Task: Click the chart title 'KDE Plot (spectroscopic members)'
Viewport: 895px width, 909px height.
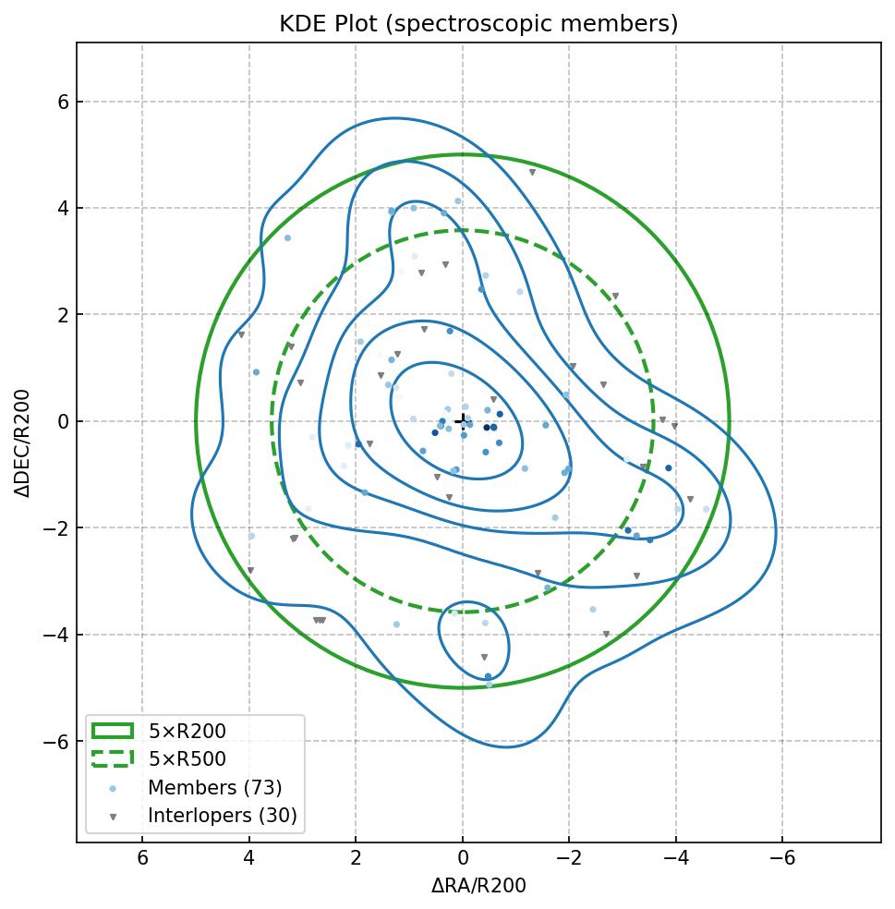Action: [x=478, y=24]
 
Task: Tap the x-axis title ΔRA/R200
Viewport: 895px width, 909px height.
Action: [x=478, y=886]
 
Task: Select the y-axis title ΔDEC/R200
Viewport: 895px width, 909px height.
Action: [x=23, y=442]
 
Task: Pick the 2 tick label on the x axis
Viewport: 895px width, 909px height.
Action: [x=356, y=858]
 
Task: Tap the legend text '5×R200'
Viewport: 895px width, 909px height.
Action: [x=187, y=732]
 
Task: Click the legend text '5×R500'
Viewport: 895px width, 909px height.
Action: [x=187, y=759]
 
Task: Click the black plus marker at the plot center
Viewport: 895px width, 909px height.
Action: [x=463, y=420]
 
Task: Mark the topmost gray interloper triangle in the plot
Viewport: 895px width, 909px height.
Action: [x=532, y=173]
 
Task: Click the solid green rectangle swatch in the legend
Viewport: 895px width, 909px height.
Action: [x=113, y=731]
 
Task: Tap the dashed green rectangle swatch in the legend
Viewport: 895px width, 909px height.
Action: [x=113, y=758]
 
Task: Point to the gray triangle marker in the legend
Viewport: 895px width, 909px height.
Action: [x=113, y=817]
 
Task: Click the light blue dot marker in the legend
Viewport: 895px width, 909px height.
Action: [x=113, y=788]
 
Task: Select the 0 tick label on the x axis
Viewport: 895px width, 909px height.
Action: [x=463, y=858]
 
